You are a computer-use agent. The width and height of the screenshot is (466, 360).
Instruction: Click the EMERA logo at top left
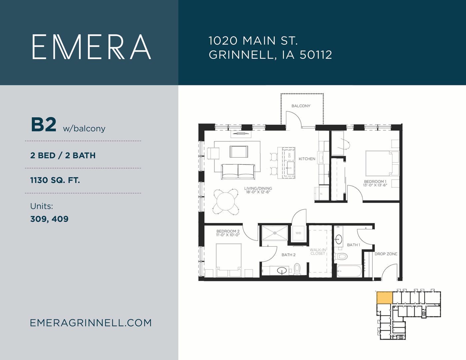pyautogui.click(x=92, y=47)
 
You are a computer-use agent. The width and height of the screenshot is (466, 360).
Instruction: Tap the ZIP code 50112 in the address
pyautogui.click(x=316, y=55)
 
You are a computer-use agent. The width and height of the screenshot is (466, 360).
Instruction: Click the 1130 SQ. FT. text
pyautogui.click(x=55, y=180)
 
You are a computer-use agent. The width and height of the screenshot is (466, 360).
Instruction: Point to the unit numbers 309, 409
pyautogui.click(x=49, y=219)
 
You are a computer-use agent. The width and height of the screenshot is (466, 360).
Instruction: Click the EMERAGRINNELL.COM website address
pyautogui.click(x=91, y=323)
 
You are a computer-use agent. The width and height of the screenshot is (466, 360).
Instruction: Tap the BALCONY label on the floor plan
pyautogui.click(x=301, y=106)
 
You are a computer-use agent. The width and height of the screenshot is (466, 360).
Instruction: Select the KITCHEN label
pyautogui.click(x=307, y=159)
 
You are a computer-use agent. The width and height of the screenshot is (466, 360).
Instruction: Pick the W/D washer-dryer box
pyautogui.click(x=298, y=233)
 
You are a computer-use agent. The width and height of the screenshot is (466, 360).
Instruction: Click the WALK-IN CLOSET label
pyautogui.click(x=318, y=252)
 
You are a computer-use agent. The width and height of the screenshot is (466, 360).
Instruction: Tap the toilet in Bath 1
pyautogui.click(x=341, y=256)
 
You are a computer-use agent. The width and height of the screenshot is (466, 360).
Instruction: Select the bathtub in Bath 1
pyautogui.click(x=349, y=271)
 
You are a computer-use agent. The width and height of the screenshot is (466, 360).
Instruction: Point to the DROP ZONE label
pyautogui.click(x=386, y=254)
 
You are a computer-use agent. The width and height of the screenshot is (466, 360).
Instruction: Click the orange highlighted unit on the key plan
pyautogui.click(x=385, y=298)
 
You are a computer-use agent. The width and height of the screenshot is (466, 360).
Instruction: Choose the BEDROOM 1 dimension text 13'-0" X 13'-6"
pyautogui.click(x=375, y=185)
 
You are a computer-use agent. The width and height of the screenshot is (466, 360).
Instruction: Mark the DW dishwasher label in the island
pyautogui.click(x=289, y=155)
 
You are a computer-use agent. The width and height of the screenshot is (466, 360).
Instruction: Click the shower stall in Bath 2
pyautogui.click(x=275, y=233)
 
